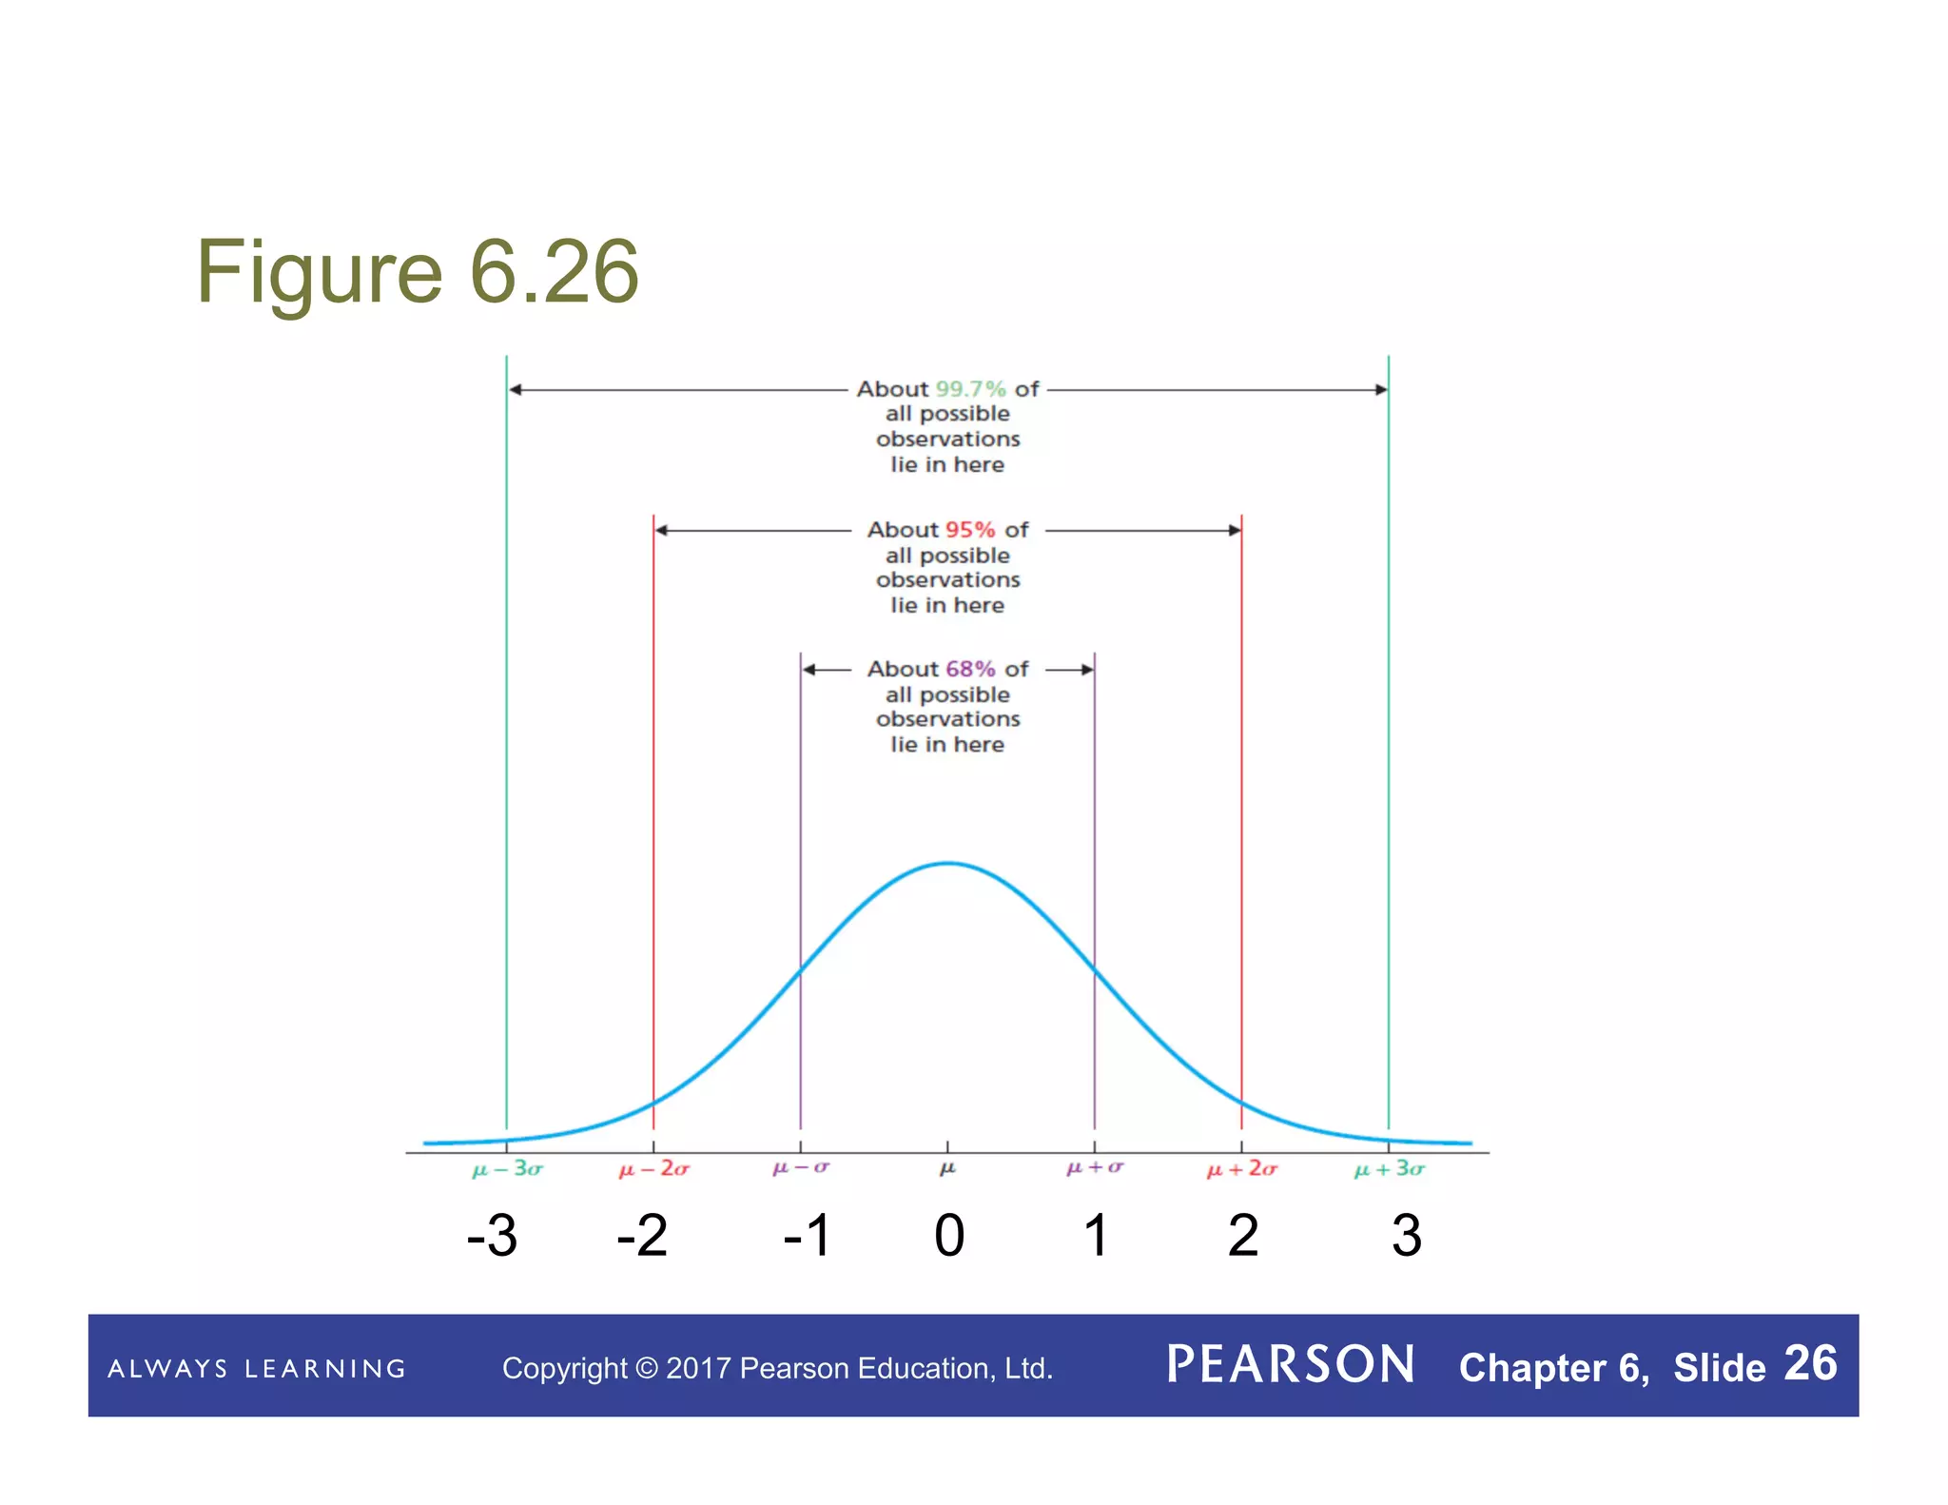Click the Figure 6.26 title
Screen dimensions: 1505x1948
click(417, 272)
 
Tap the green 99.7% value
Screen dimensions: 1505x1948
click(970, 389)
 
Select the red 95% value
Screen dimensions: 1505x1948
click(969, 530)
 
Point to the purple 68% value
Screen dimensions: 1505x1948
click(969, 670)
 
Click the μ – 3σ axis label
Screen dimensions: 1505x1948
click(507, 1169)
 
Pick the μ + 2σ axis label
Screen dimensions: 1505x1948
click(1241, 1169)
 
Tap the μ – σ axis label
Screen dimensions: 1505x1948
click(800, 1167)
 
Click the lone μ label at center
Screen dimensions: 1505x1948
click(947, 1168)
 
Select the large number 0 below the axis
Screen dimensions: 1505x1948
click(948, 1236)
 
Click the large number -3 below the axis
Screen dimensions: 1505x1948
click(492, 1236)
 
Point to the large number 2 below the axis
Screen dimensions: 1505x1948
click(1242, 1236)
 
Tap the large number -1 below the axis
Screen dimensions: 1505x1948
click(807, 1236)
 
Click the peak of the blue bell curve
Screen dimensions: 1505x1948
click(948, 863)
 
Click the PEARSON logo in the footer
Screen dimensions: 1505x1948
click(1291, 1365)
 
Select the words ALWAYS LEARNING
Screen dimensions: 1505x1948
click(257, 1369)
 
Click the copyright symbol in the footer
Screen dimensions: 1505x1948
click(646, 1369)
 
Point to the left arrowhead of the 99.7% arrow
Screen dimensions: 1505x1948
click(515, 390)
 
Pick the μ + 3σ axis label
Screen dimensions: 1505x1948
click(1389, 1169)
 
